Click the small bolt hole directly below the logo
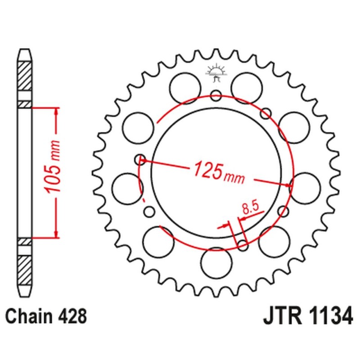point(216,95)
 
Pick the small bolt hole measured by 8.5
point(243,245)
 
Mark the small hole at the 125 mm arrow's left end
point(141,159)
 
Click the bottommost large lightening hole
point(216,263)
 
